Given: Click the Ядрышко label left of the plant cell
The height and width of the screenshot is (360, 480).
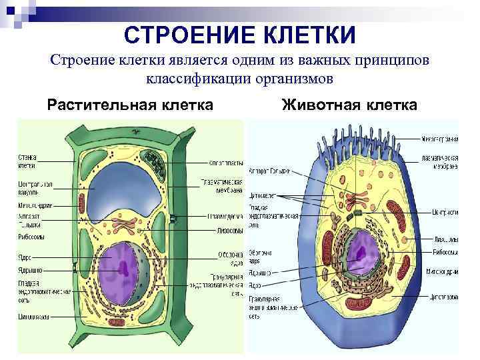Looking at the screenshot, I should pyautogui.click(x=29, y=270).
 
